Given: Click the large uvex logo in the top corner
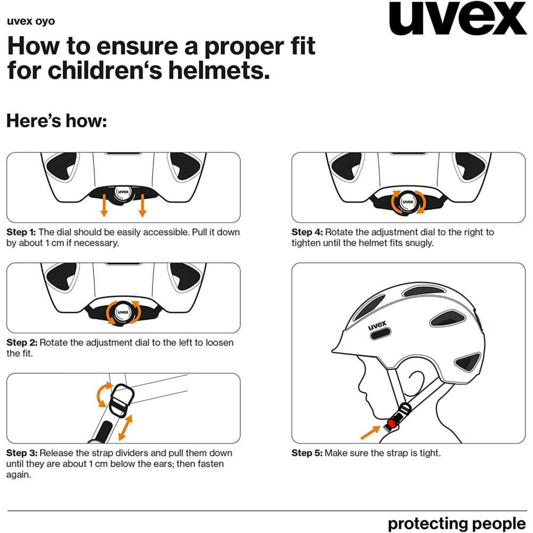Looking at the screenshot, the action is (x=457, y=18).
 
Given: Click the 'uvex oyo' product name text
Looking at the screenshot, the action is (x=30, y=21).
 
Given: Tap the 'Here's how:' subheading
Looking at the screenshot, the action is (x=56, y=120).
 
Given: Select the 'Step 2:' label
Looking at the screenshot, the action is (x=22, y=342).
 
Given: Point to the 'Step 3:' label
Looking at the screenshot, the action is (x=22, y=453).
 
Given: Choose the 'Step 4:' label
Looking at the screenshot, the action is (x=307, y=232).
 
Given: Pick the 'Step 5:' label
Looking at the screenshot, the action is (x=307, y=453).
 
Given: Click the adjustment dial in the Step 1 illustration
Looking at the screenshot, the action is (x=123, y=192).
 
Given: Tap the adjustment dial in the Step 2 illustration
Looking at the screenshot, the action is (x=123, y=312).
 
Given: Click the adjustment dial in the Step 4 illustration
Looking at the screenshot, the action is (x=408, y=202).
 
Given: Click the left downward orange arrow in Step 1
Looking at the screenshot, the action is (x=104, y=205).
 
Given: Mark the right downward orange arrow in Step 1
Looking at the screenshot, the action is (x=142, y=205).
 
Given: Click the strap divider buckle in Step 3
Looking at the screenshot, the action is (x=122, y=400).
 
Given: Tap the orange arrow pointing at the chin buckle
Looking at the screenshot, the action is (x=370, y=432).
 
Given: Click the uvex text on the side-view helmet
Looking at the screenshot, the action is (x=377, y=325).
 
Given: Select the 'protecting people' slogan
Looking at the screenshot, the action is (x=457, y=524).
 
